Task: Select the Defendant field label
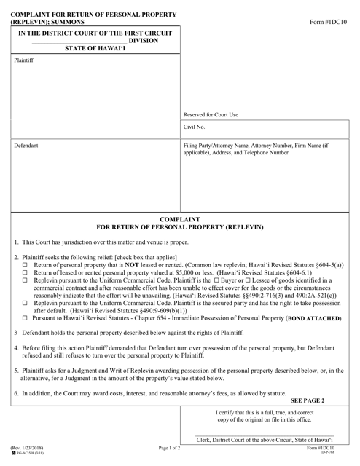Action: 27,146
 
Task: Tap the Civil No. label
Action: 196,128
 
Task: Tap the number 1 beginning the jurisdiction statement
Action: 16,242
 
